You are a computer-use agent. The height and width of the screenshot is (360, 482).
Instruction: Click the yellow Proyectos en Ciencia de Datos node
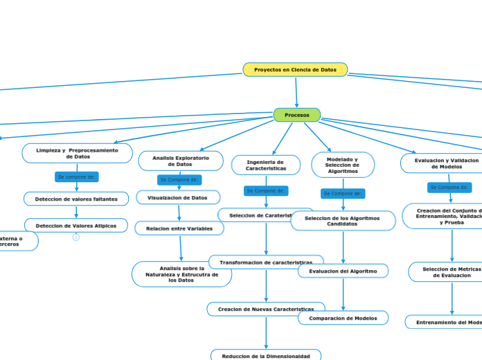click(295, 70)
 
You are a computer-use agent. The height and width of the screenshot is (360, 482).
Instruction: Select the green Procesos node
click(296, 115)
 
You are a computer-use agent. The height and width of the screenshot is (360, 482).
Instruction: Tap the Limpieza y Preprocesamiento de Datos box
click(77, 153)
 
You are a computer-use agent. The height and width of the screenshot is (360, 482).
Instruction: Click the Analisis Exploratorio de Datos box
click(180, 161)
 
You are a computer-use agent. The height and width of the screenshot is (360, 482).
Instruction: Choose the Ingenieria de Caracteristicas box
click(266, 165)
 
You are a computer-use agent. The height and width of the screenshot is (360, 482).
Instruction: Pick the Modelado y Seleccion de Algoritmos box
click(343, 165)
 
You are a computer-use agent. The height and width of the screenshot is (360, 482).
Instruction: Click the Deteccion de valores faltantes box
click(76, 199)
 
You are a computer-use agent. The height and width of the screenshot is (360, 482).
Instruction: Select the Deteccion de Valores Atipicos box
click(76, 226)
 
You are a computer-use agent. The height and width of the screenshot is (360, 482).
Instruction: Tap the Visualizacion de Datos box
click(178, 198)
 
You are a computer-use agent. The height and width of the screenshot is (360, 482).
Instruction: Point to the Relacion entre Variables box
click(179, 228)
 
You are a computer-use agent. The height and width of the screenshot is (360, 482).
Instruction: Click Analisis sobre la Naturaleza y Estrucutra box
click(181, 274)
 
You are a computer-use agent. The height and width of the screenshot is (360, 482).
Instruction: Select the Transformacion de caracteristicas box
click(266, 262)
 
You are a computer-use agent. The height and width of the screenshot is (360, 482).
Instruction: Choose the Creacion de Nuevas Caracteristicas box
click(266, 309)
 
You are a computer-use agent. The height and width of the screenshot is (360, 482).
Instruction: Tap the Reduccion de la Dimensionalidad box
click(266, 355)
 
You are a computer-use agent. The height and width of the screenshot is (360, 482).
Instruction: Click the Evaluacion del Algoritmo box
click(343, 271)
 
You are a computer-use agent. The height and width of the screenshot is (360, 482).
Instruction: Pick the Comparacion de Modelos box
click(343, 318)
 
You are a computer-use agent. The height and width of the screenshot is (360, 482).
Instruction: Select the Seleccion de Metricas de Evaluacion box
click(450, 271)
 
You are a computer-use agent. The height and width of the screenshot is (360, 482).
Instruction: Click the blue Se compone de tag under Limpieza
click(76, 177)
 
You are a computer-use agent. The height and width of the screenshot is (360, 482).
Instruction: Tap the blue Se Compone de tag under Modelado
click(343, 194)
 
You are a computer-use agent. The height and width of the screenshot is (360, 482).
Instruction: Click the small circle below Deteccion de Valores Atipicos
click(76, 237)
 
